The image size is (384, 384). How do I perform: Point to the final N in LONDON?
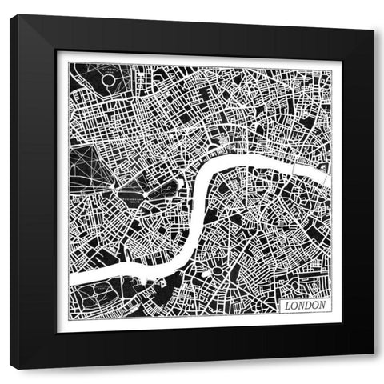click(x=322, y=306)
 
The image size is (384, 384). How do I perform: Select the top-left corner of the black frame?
click(x=10, y=16)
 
